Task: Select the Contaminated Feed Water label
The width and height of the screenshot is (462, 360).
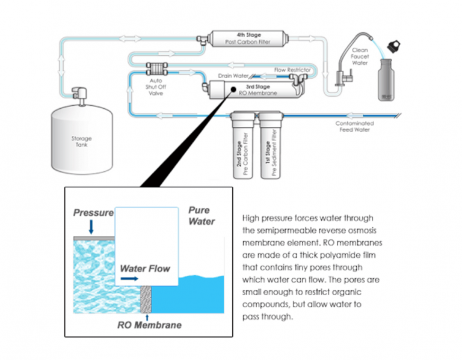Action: click(353, 126)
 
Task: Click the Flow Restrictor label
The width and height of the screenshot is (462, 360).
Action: click(292, 70)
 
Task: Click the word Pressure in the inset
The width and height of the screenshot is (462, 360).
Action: click(93, 213)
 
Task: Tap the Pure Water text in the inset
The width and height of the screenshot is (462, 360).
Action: click(202, 216)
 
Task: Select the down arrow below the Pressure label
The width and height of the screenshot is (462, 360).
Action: click(90, 227)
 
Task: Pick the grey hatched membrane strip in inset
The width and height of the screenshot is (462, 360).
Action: click(145, 299)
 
